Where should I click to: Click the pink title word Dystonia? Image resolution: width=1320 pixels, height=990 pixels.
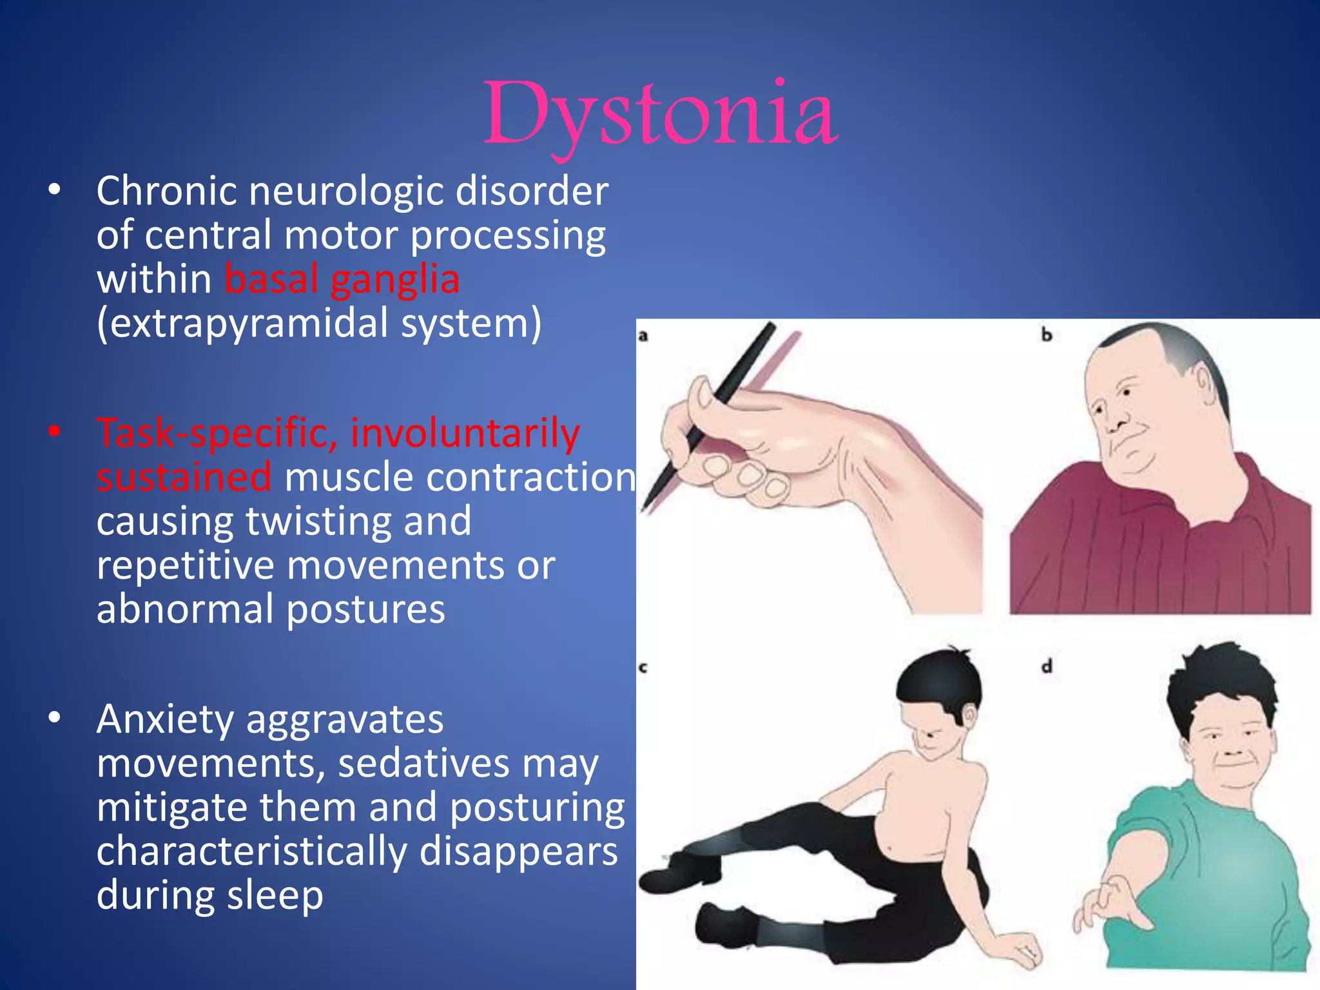click(x=661, y=115)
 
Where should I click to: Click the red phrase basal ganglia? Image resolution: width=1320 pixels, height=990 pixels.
click(x=342, y=280)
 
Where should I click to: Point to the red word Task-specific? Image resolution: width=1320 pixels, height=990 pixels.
click(x=217, y=433)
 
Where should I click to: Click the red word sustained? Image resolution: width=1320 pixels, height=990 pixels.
click(x=184, y=478)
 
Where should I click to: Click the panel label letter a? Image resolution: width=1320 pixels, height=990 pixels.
click(x=643, y=335)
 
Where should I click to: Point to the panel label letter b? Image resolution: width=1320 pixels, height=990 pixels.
click(x=1047, y=335)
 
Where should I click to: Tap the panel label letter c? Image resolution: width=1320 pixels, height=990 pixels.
click(x=643, y=668)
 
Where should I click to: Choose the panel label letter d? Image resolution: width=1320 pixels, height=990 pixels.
click(x=1047, y=666)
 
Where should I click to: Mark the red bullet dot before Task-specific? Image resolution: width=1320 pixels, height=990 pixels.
click(x=55, y=432)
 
